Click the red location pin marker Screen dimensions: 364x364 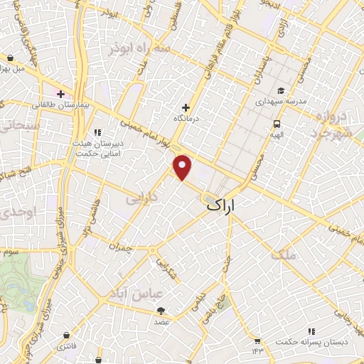tap(183, 167)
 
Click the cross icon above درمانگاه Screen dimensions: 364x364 tap(186, 107)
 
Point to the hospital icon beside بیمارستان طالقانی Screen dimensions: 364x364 tap(61, 94)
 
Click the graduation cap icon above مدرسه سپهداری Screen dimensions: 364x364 tap(282, 91)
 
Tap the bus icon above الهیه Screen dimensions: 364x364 tap(274, 123)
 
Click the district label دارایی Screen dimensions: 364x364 tap(141, 200)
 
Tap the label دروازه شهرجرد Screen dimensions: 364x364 tap(331, 124)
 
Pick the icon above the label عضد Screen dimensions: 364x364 tap(161, 310)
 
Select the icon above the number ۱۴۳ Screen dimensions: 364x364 tap(257, 339)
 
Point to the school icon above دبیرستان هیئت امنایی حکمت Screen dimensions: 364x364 tap(98, 132)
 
